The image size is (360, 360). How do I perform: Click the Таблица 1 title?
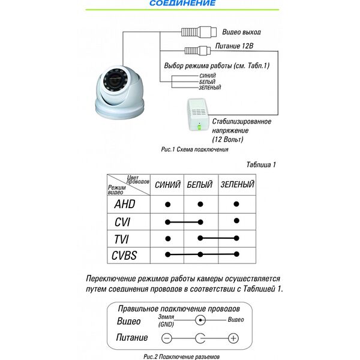(x=261, y=164)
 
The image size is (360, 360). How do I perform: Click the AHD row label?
(x=125, y=204)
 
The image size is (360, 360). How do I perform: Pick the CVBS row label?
(x=125, y=256)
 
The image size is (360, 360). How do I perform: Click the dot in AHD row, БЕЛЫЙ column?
(x=200, y=205)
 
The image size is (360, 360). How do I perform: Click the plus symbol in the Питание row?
(x=235, y=338)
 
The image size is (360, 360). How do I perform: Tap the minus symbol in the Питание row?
(x=167, y=338)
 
